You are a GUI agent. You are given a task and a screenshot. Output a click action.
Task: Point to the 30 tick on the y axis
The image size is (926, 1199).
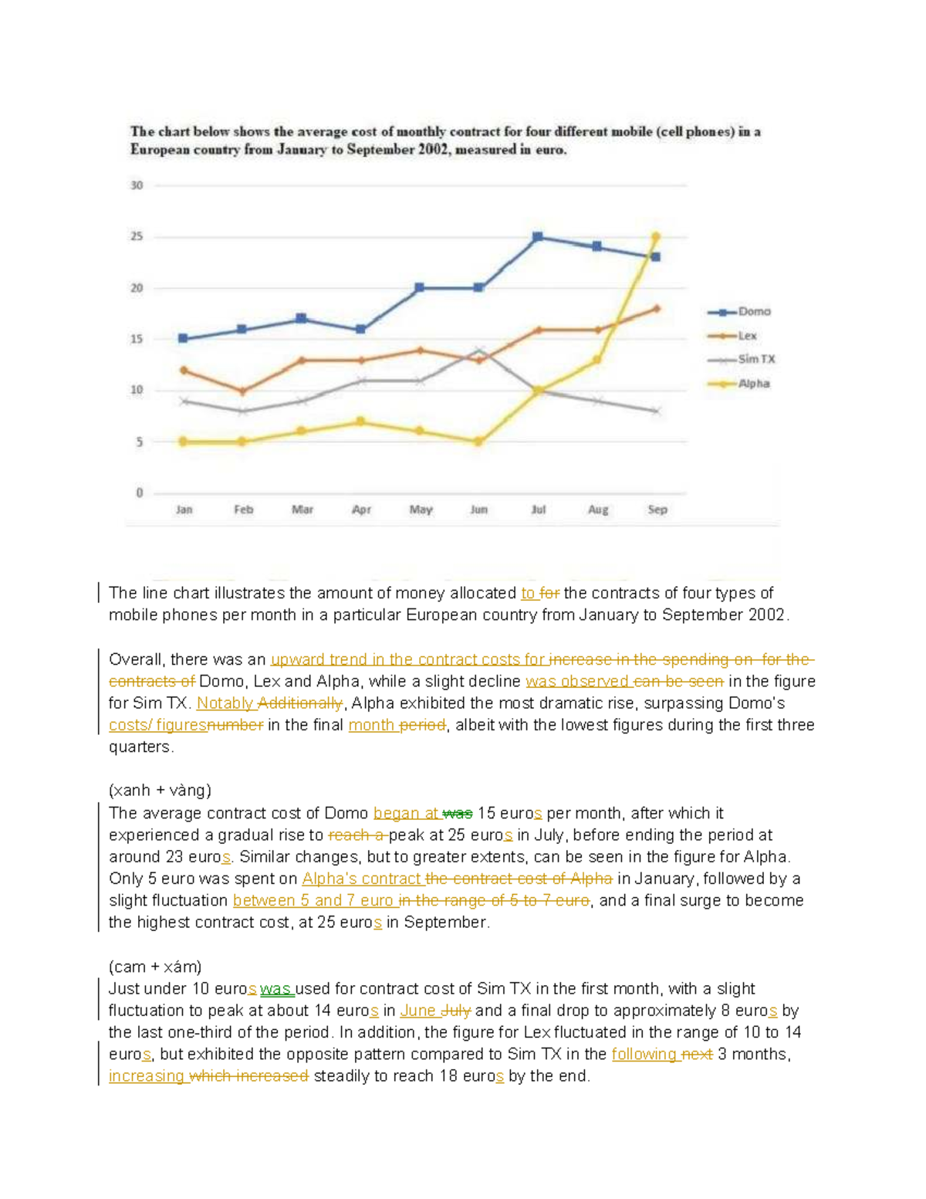pos(137,185)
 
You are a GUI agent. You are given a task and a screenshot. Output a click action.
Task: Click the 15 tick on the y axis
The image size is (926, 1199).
pos(137,339)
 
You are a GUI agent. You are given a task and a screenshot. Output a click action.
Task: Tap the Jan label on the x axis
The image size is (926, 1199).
pos(184,510)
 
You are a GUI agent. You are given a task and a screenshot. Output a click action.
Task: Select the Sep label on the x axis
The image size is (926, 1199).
pos(657,510)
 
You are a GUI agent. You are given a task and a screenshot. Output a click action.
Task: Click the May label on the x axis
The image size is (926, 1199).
pos(421,510)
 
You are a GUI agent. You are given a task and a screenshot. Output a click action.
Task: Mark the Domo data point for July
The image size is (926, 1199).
pos(538,237)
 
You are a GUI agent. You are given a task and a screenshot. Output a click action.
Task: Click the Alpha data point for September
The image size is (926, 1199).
pos(656,237)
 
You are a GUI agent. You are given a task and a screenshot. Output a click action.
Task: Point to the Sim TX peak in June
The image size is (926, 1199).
pos(479,351)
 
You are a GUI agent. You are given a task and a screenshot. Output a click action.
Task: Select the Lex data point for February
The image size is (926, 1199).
pos(242,391)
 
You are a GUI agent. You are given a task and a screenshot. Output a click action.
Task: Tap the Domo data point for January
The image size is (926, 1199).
pos(183,339)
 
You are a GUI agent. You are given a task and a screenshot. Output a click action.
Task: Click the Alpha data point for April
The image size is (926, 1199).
pos(360,422)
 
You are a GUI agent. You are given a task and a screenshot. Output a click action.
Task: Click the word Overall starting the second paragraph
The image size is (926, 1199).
pos(135,659)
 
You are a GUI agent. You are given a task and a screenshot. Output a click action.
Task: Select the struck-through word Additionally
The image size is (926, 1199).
pos(299,703)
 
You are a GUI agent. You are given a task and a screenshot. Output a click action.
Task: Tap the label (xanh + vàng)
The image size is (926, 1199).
pos(160,791)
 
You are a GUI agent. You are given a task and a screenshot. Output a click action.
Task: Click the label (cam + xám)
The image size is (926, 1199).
pos(155,967)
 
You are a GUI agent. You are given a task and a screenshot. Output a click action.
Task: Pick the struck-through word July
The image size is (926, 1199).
pos(456,1011)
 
